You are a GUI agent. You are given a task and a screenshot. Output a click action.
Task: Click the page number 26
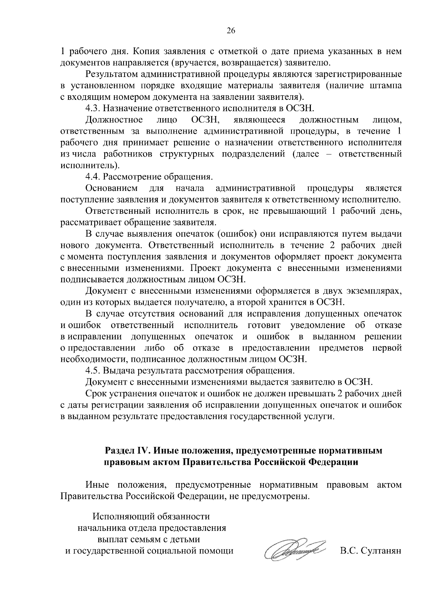click(x=231, y=31)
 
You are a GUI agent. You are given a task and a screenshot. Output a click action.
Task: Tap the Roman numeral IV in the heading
click(x=143, y=451)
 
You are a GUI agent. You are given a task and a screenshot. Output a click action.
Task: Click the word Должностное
click(x=114, y=120)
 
